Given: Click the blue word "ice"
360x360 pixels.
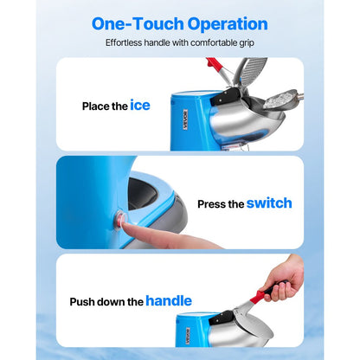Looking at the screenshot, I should click(x=140, y=106).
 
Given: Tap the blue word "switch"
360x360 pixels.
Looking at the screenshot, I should click(x=269, y=203).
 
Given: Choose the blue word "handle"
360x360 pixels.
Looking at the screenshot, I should click(x=169, y=301).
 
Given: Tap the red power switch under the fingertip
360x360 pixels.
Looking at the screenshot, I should click(x=119, y=220).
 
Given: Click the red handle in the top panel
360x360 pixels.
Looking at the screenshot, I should click(x=219, y=68).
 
